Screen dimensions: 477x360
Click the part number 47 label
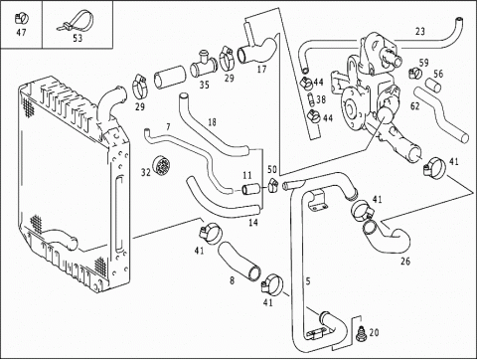(21, 32)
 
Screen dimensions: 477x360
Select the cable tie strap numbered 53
(76, 21)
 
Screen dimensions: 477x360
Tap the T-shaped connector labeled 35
(203, 65)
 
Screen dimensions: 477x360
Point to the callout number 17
(261, 69)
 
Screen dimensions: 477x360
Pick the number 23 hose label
(420, 32)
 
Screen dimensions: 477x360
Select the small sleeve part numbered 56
(433, 85)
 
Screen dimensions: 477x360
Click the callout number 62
(414, 106)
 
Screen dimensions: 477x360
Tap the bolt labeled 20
(361, 333)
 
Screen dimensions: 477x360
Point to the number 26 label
(405, 262)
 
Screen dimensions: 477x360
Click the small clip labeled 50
(273, 185)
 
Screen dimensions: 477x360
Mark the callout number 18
(212, 122)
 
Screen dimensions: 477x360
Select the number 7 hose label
(168, 126)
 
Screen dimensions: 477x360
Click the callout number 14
(253, 222)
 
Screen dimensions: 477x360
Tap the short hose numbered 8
(239, 261)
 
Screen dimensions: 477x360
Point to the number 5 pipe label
(308, 281)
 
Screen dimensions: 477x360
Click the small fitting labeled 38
(311, 99)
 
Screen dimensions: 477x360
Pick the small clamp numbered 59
(415, 73)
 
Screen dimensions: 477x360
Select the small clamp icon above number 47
(22, 18)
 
